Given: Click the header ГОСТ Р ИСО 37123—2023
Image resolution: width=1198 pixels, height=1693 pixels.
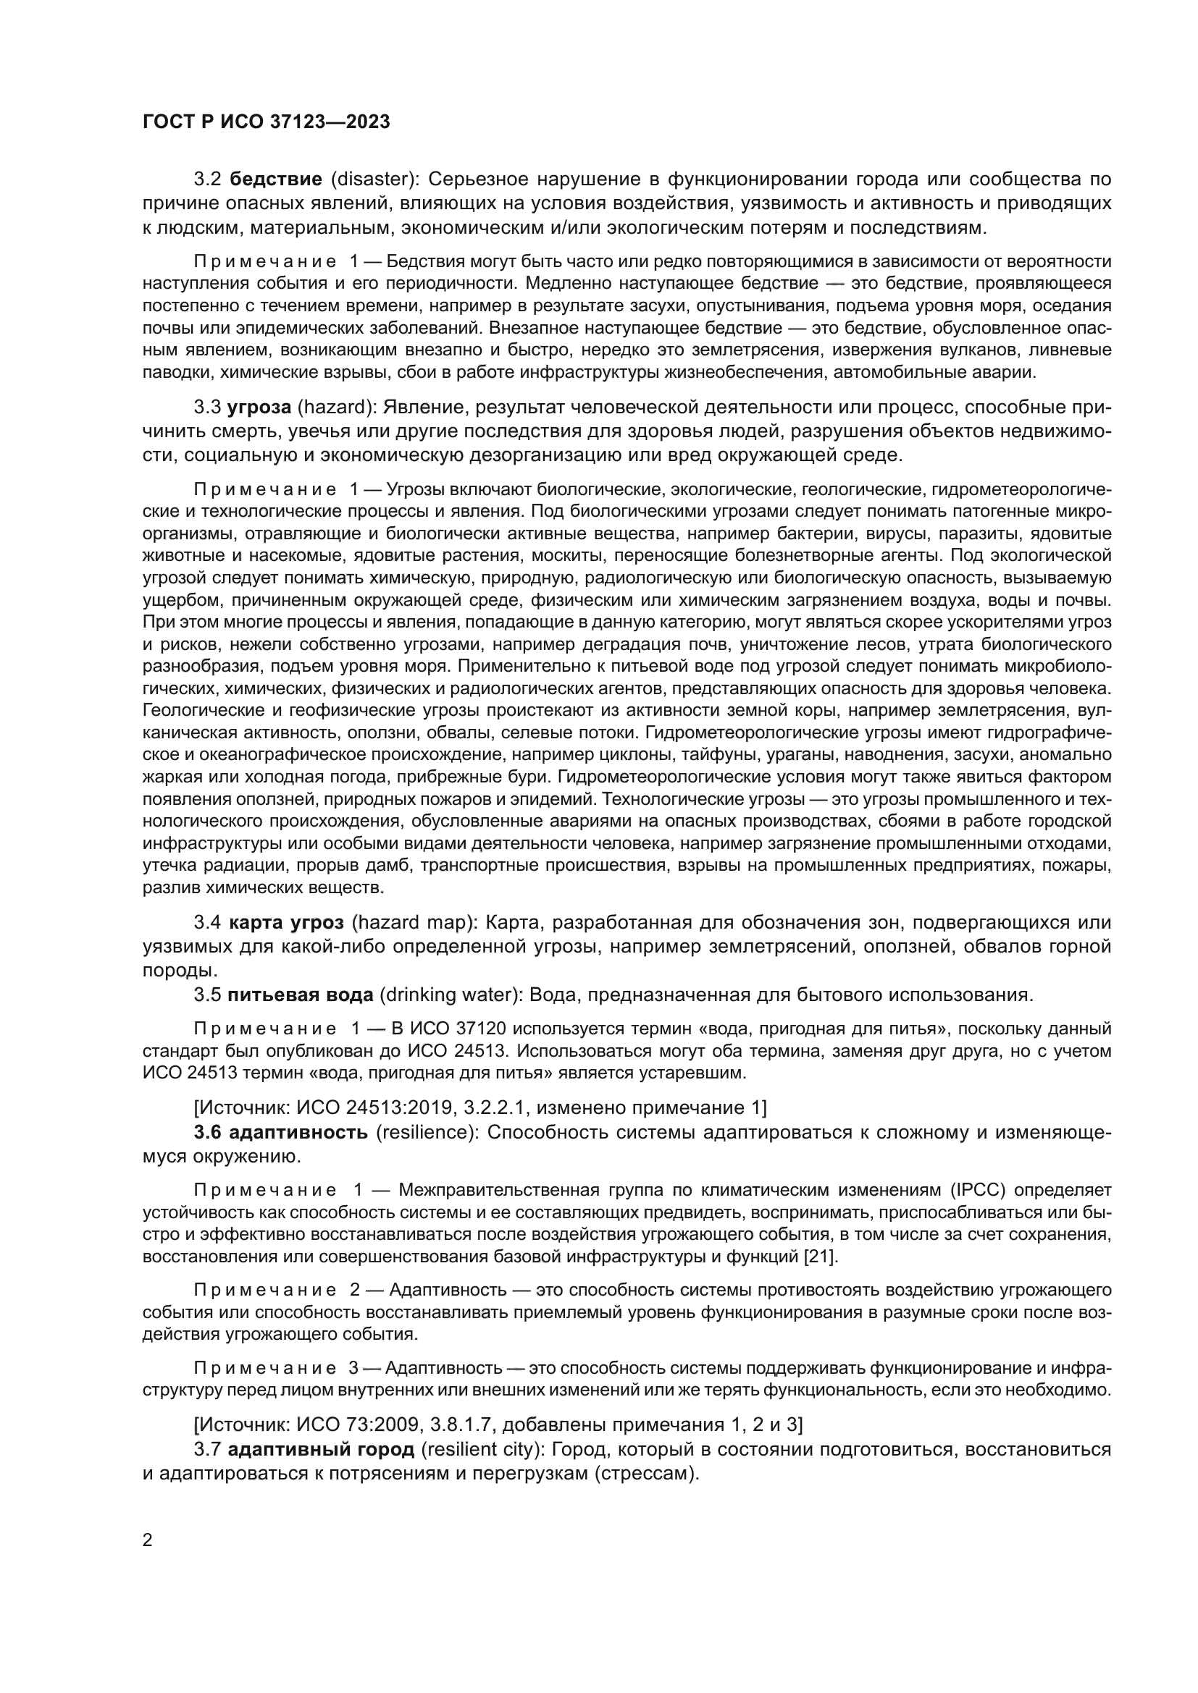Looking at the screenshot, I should coord(266,122).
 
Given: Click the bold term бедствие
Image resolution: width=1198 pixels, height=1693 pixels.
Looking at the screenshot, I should coord(276,180).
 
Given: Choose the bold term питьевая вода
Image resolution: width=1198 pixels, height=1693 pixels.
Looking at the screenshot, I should coord(301,995).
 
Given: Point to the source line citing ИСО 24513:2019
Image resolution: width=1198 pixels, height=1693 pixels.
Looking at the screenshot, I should coord(479,1107).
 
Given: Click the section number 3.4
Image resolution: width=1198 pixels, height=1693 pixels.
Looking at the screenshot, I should coord(207,922).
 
